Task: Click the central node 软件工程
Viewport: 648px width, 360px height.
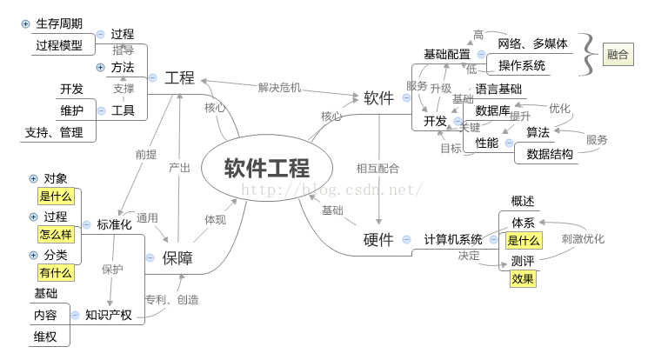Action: (267, 167)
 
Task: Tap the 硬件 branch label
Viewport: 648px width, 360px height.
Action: (378, 239)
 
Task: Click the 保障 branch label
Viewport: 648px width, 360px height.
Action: (177, 257)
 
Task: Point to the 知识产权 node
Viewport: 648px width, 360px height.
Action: (109, 315)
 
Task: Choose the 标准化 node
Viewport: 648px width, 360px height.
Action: (114, 224)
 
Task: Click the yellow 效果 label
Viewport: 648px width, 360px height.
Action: (523, 279)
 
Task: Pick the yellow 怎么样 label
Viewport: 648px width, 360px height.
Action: (56, 235)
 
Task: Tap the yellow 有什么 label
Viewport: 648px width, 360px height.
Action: (56, 273)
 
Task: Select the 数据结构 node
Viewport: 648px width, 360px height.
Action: (550, 154)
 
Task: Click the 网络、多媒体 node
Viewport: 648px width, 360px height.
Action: (533, 43)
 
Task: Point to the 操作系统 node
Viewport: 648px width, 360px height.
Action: (522, 65)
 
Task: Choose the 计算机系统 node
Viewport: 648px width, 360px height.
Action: (452, 239)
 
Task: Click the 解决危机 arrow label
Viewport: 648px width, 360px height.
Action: (279, 87)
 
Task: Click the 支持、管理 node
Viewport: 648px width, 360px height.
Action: (54, 132)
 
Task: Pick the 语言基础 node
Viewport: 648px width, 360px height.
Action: (498, 89)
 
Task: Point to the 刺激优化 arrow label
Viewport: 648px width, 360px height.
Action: (583, 238)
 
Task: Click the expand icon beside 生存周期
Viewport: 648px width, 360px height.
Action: (25, 24)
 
